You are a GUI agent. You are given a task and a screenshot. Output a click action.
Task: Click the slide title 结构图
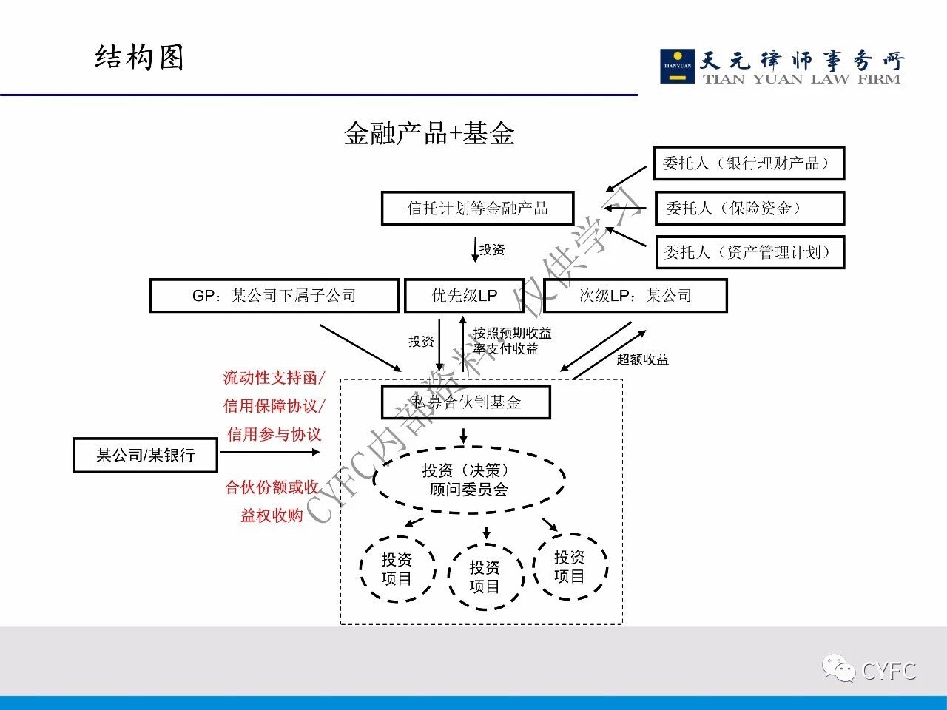click(x=139, y=58)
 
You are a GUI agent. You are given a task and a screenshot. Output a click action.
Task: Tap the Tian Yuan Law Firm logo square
click(x=676, y=66)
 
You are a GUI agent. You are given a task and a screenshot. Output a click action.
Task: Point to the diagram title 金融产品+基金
click(x=429, y=134)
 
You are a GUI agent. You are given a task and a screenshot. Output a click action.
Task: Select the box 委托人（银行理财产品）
click(x=749, y=163)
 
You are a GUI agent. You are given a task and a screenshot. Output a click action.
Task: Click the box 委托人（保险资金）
click(x=749, y=209)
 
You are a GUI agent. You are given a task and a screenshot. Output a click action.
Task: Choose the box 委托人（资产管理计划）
click(x=749, y=252)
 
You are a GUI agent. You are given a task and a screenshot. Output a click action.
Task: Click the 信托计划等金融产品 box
click(x=477, y=209)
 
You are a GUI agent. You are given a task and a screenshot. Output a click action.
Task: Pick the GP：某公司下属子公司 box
click(x=274, y=296)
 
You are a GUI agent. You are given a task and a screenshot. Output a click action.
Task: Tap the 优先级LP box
click(x=465, y=296)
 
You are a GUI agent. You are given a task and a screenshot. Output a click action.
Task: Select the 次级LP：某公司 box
click(x=635, y=296)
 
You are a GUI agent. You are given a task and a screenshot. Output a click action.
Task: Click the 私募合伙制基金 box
click(x=466, y=402)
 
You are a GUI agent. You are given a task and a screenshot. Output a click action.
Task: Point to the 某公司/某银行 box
click(x=145, y=455)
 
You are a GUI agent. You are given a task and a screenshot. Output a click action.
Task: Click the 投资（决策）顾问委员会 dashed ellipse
click(x=469, y=480)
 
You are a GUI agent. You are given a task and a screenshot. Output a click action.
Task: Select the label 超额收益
click(x=643, y=359)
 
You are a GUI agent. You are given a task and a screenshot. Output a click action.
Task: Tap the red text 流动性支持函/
click(x=274, y=378)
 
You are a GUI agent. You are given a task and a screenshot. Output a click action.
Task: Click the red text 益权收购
click(x=272, y=515)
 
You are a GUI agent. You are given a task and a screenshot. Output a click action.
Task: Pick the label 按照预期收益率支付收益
click(x=511, y=341)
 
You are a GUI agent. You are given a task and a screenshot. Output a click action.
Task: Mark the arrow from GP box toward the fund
click(x=360, y=347)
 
